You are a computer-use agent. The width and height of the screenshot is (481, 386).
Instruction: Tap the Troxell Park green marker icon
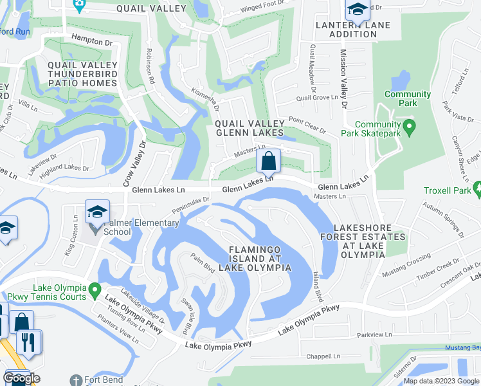coord(477,189)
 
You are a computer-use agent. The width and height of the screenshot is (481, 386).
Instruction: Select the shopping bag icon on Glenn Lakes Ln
coord(268,161)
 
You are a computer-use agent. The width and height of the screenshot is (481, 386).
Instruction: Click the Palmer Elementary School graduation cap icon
coord(97,211)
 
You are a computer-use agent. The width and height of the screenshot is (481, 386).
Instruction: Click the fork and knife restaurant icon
coord(28,341)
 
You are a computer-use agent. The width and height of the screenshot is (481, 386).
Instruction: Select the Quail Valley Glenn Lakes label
coord(249,127)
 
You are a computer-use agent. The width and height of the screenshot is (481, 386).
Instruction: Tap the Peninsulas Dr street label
coord(190,206)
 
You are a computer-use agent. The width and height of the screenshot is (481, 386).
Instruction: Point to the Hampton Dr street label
coord(92,40)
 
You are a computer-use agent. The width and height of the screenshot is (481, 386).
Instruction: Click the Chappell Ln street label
coord(323,355)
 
